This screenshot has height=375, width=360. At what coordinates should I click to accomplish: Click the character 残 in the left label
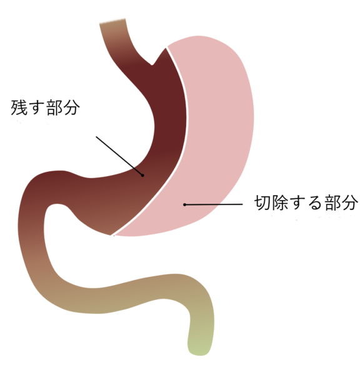tap(19, 107)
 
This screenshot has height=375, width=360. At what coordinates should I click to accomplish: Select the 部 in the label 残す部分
tap(54, 107)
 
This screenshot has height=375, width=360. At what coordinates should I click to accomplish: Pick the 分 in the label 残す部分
tap(71, 107)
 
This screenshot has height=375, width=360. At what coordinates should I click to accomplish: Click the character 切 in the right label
tap(262, 202)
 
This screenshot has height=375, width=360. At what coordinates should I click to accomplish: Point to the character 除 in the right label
tap(280, 202)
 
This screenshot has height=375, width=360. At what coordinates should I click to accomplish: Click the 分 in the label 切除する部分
tap(350, 202)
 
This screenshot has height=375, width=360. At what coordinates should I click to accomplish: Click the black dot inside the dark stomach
tap(142, 175)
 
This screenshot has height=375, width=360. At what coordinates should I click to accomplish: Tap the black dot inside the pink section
tap(184, 205)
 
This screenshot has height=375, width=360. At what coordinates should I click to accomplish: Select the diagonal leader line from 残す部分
tap(119, 156)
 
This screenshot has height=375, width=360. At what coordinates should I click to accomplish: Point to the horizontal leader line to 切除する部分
tap(214, 205)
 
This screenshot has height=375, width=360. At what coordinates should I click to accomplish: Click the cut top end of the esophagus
tap(112, 21)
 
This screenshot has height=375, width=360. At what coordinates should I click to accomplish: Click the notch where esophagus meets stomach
tap(152, 64)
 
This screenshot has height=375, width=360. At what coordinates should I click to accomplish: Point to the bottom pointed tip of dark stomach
tap(111, 235)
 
